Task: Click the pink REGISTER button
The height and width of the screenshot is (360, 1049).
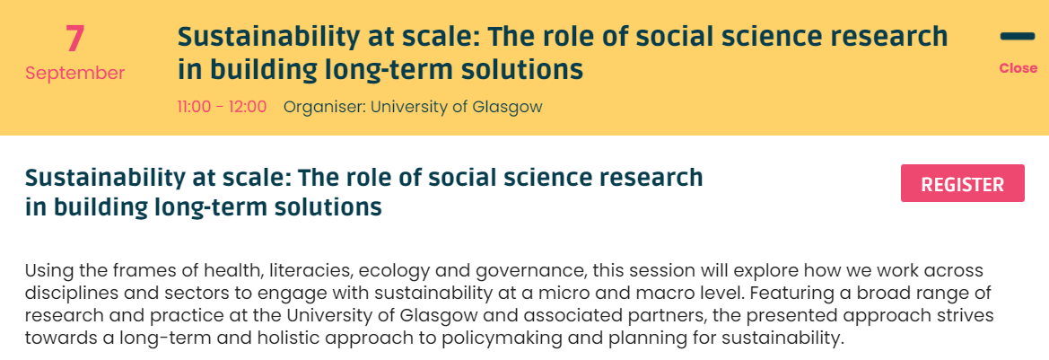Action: pos(963,182)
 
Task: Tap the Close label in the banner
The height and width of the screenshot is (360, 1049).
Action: pos(1018,68)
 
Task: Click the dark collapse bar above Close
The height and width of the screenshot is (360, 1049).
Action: pos(1018,36)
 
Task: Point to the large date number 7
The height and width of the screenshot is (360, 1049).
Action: pos(75,39)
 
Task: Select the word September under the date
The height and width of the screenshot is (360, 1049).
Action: pos(75,73)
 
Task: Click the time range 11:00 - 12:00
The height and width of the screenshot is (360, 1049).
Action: pos(222,107)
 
